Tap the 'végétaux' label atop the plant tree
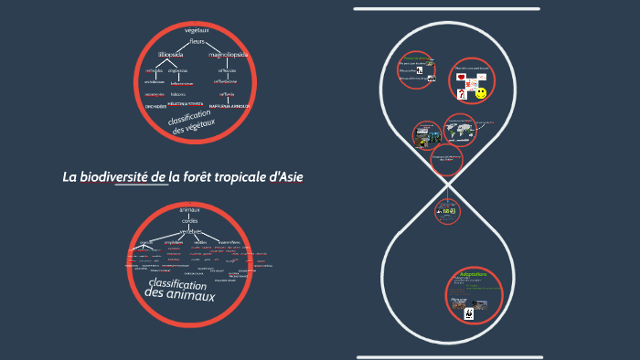[x=197, y=30]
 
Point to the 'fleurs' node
[x=197, y=42]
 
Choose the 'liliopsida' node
[x=171, y=55]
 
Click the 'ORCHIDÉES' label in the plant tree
[x=155, y=106]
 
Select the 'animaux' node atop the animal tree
[x=189, y=210]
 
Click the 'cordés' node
[x=190, y=220]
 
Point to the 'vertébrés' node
[x=189, y=231]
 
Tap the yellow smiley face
[x=481, y=93]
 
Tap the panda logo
[x=468, y=314]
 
